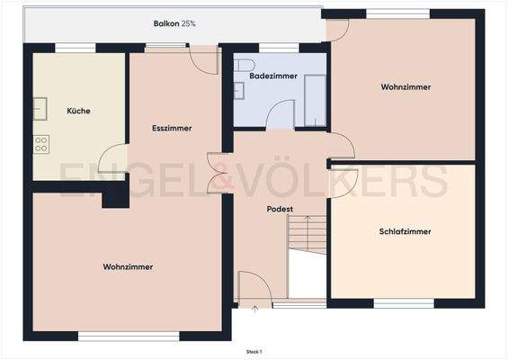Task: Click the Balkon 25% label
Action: tap(174, 22)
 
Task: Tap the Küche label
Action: tap(78, 111)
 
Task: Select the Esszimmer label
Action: tap(172, 128)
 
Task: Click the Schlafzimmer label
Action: tap(405, 231)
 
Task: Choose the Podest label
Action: tap(281, 209)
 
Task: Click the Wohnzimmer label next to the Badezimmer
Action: tap(406, 87)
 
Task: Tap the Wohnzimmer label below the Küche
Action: tap(128, 266)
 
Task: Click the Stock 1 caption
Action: tap(254, 352)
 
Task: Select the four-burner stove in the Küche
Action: tap(41, 143)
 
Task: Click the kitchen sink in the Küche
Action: tap(40, 107)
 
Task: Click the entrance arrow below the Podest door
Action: tap(254, 310)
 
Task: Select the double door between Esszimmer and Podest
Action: tap(220, 173)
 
